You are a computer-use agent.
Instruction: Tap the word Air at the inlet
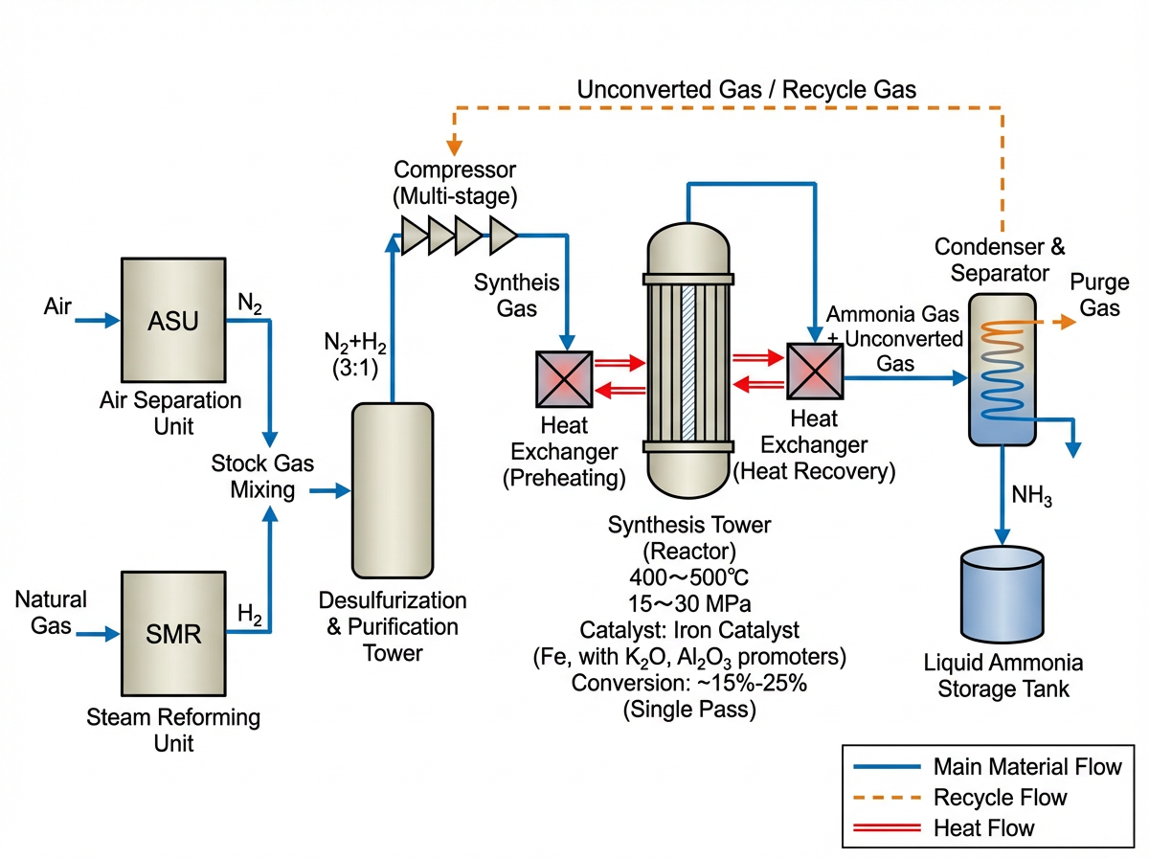(x=57, y=307)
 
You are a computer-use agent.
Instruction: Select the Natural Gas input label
(x=51, y=613)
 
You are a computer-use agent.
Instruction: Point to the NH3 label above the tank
(x=1032, y=497)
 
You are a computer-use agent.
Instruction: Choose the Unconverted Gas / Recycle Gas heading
(x=747, y=90)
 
